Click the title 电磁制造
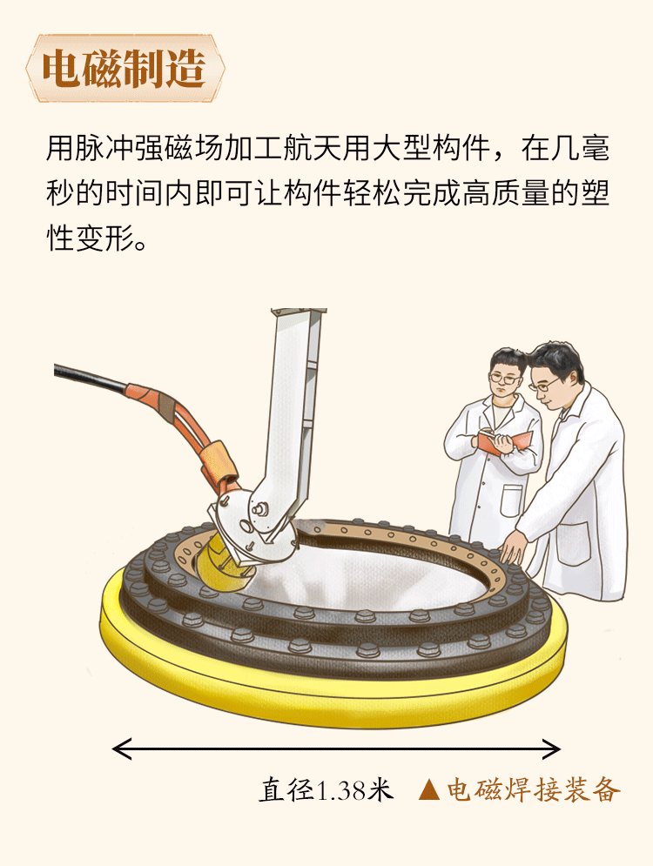tap(124, 69)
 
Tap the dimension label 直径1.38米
tap(326, 789)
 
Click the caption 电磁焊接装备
tap(534, 789)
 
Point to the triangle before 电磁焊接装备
tap(429, 789)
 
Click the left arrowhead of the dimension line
tap(122, 749)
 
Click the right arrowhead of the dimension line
tap(551, 749)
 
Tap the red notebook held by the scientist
tap(505, 441)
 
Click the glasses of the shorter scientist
tap(504, 379)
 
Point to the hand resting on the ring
tap(513, 547)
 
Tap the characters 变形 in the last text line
tap(105, 238)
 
